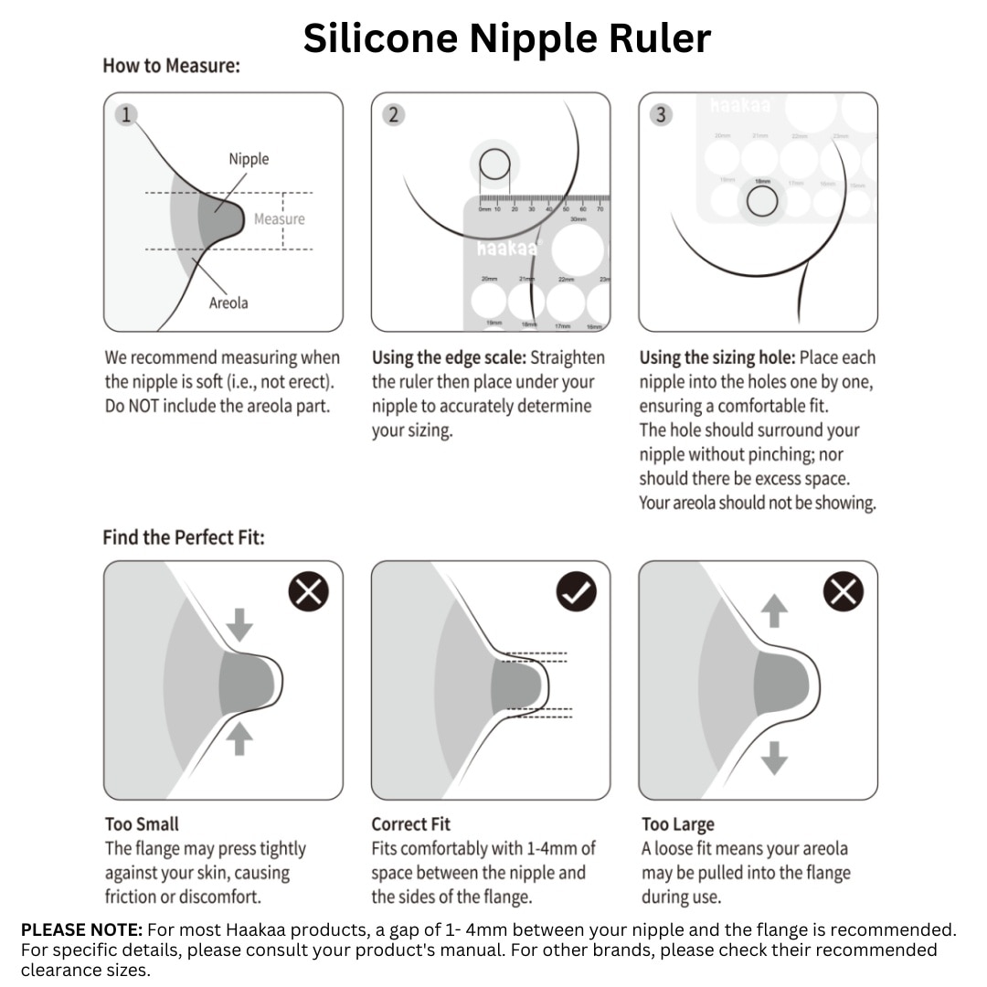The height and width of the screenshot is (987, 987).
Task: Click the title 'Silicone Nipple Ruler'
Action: [x=506, y=38]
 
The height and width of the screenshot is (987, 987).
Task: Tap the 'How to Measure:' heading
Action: [x=171, y=66]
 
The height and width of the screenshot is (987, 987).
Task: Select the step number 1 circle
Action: [x=126, y=114]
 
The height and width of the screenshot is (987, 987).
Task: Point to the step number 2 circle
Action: [x=393, y=114]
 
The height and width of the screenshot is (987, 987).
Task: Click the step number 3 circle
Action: [x=661, y=114]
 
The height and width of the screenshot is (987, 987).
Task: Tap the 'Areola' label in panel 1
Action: [x=228, y=302]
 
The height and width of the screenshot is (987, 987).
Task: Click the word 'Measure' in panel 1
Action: [x=279, y=219]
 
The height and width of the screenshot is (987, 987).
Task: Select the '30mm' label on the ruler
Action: [x=578, y=219]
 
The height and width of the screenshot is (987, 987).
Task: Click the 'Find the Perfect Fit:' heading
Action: [x=183, y=537]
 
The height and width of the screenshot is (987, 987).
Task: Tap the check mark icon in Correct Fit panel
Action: [x=576, y=593]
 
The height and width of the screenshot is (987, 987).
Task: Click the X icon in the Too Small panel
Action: [x=309, y=593]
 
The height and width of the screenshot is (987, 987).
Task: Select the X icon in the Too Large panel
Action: [x=843, y=593]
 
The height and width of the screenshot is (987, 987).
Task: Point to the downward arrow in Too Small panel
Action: [x=239, y=625]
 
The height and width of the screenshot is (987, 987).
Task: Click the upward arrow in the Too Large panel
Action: [x=774, y=610]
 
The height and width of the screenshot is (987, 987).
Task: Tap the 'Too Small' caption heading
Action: [x=142, y=824]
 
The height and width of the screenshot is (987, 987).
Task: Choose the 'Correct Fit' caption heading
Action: [x=410, y=824]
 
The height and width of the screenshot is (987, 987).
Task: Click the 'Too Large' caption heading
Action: [x=677, y=824]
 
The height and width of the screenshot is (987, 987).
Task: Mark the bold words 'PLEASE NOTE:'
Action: [x=81, y=930]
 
